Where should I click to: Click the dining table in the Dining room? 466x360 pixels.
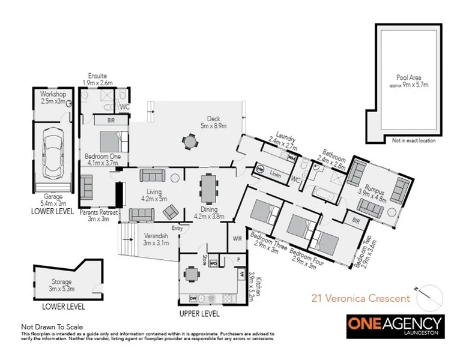coord(208,188)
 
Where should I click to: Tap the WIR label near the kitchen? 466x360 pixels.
coord(237,238)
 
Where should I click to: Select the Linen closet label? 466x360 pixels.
coord(275,174)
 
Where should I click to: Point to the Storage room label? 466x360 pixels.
coord(61,285)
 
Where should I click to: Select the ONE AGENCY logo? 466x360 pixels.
coord(395,325)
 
